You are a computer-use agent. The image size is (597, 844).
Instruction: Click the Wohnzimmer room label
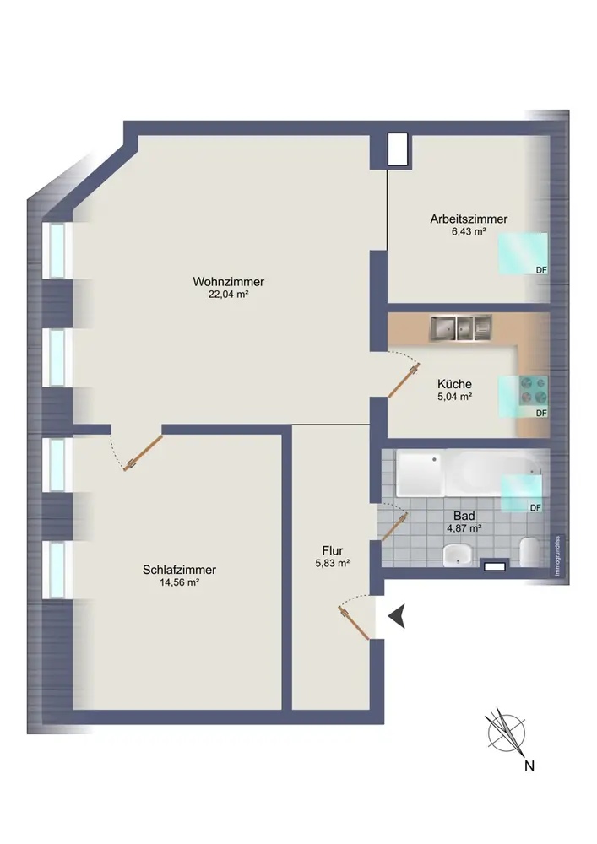(228, 282)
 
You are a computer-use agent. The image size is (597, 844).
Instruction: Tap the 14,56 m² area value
(179, 582)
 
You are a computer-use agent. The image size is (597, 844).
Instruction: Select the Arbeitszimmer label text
(469, 219)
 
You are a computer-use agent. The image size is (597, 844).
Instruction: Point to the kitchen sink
(460, 327)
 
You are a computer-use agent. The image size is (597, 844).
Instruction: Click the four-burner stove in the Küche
(533, 390)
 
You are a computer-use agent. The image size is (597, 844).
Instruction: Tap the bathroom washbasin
(458, 555)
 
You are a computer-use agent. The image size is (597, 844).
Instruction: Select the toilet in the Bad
(529, 551)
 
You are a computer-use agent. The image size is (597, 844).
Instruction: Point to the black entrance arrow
(397, 616)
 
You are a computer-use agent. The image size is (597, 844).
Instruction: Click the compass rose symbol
(506, 733)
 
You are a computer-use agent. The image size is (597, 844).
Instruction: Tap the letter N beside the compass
(529, 766)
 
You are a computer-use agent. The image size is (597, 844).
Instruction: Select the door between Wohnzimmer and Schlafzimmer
(143, 453)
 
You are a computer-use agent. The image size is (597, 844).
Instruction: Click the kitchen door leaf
(404, 381)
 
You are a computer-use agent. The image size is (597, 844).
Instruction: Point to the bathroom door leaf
(394, 527)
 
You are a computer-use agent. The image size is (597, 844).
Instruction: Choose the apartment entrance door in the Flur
(354, 623)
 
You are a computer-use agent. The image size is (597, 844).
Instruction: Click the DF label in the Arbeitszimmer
(541, 270)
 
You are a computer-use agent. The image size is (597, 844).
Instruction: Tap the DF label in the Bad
(535, 507)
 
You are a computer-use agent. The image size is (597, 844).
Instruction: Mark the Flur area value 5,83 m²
(333, 564)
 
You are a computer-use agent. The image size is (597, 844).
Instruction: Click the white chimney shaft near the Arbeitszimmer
(398, 149)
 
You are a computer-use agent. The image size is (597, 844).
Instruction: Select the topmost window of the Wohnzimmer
(57, 251)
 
